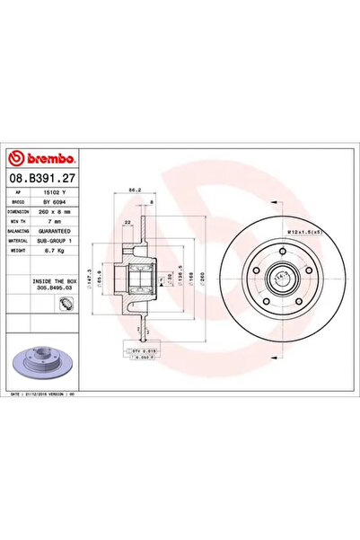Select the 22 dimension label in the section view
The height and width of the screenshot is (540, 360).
tap(129, 221)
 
